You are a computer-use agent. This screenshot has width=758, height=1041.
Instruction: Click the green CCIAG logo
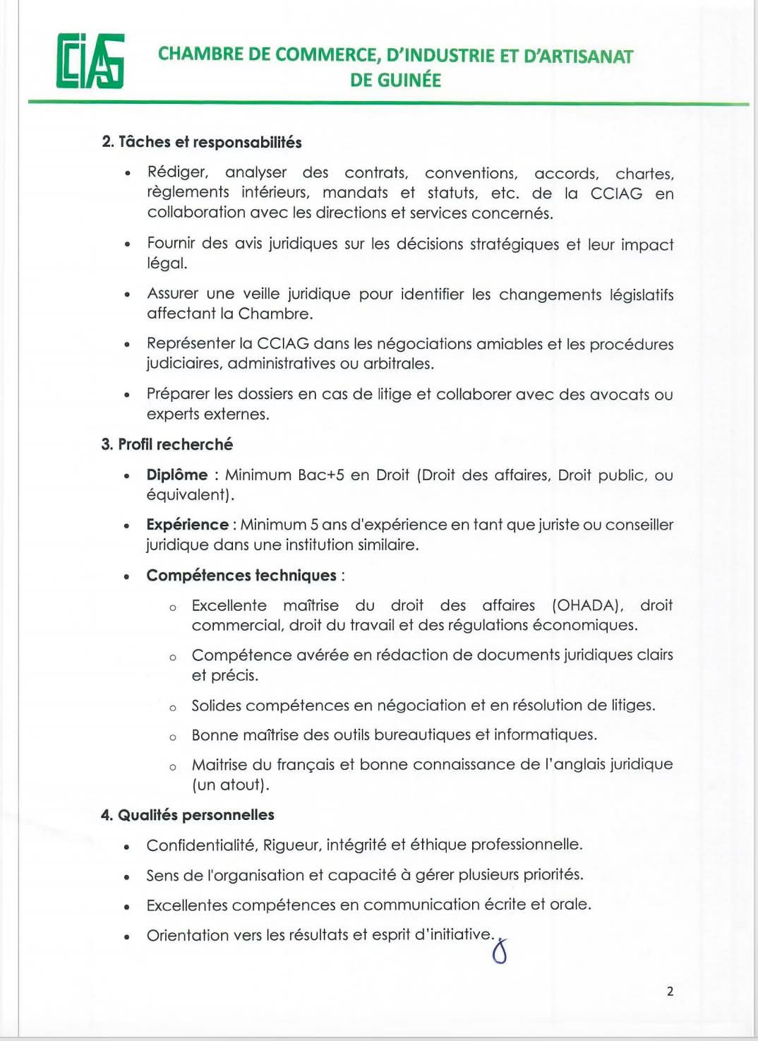pos(90,61)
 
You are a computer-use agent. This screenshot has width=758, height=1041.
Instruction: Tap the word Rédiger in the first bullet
pos(177,172)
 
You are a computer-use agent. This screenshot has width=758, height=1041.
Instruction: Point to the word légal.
pos(167,263)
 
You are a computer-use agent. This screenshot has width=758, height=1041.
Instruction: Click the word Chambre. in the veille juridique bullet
pos(275,314)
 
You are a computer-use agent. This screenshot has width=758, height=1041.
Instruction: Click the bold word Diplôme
pos(177,475)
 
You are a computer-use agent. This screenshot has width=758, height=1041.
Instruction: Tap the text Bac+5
pos(320,475)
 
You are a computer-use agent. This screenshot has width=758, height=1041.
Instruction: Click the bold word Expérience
pos(187,525)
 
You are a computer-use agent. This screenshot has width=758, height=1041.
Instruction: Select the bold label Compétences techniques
pos(241,576)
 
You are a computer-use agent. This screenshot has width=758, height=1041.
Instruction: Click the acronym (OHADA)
pos(587,605)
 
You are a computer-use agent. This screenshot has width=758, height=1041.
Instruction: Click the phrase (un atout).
pos(230,785)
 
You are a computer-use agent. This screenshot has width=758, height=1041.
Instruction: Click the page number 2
pos(670,992)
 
